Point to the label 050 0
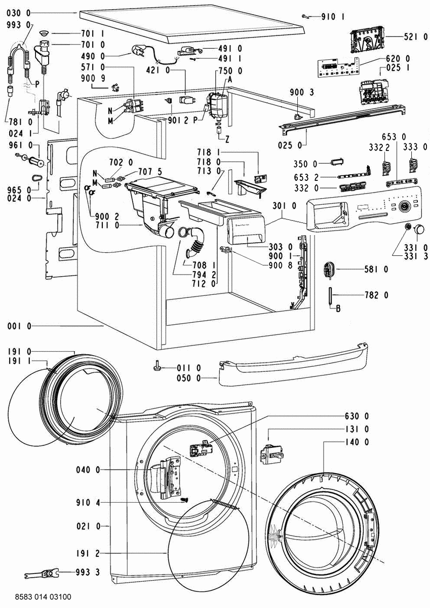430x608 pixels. tap(191, 378)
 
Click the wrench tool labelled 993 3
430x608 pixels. tap(44, 574)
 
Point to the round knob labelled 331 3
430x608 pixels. tap(419, 231)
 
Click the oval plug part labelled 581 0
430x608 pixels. tap(330, 269)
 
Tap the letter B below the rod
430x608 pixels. tap(338, 308)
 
